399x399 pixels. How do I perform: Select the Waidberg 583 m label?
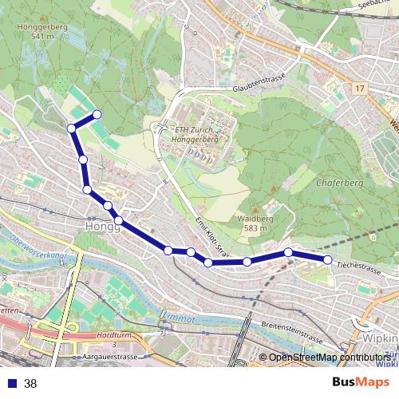(256, 223)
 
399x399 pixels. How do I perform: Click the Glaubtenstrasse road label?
(259, 89)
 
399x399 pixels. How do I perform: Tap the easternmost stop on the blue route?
(327, 259)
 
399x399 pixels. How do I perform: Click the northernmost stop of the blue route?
(97, 114)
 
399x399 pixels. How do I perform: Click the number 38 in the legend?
(30, 383)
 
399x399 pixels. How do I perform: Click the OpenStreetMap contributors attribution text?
(330, 357)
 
